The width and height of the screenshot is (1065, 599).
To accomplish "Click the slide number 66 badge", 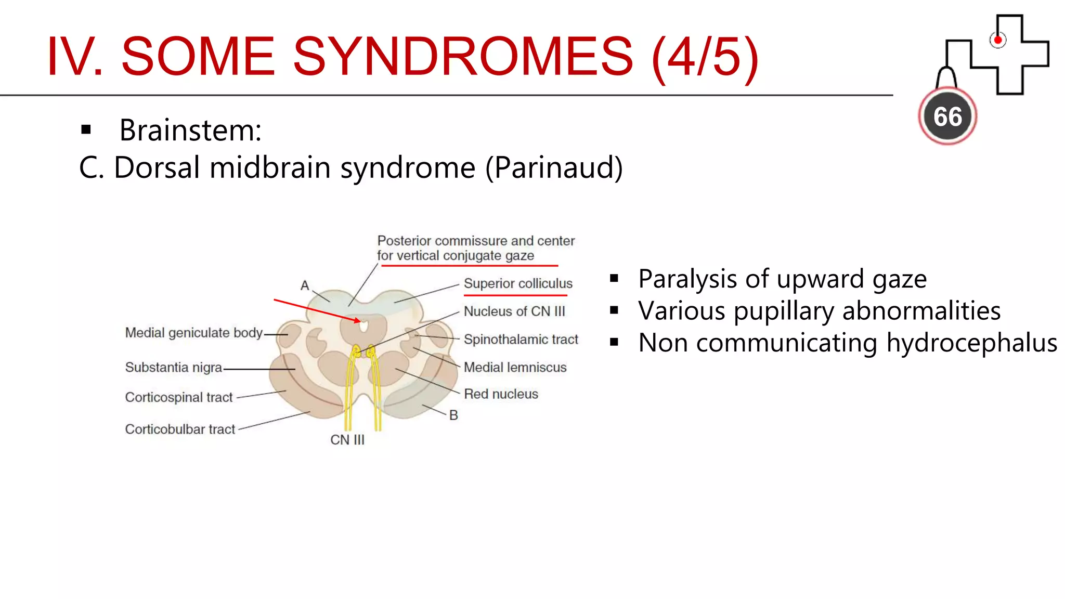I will coord(947,116).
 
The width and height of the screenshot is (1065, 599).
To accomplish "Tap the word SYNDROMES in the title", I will coord(463,56).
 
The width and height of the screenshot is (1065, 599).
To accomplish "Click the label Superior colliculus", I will coord(518,283).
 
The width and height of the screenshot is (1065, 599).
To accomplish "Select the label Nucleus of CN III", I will coord(514,311).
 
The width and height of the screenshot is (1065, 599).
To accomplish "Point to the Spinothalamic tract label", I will coord(521,340).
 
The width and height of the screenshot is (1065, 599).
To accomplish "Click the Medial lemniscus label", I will coord(515,368).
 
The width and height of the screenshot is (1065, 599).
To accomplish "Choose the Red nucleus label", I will coord(501,394).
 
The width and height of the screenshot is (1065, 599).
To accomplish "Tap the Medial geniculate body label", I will coord(193,333).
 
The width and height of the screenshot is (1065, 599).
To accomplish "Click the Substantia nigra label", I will coord(173,368).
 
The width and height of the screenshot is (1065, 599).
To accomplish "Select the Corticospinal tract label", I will coord(178,397).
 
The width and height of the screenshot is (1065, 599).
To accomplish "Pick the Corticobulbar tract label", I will coord(180,429).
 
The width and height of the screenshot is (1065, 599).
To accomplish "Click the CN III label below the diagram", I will coord(347,440).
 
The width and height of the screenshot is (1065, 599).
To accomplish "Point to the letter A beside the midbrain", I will coord(305,285).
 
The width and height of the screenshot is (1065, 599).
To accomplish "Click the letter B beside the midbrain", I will coord(453,415).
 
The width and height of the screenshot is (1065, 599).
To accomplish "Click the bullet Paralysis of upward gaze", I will coord(782,279).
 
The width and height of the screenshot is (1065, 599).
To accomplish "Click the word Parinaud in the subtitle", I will coord(554,168).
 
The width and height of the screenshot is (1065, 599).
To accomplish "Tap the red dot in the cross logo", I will coord(997,40).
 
